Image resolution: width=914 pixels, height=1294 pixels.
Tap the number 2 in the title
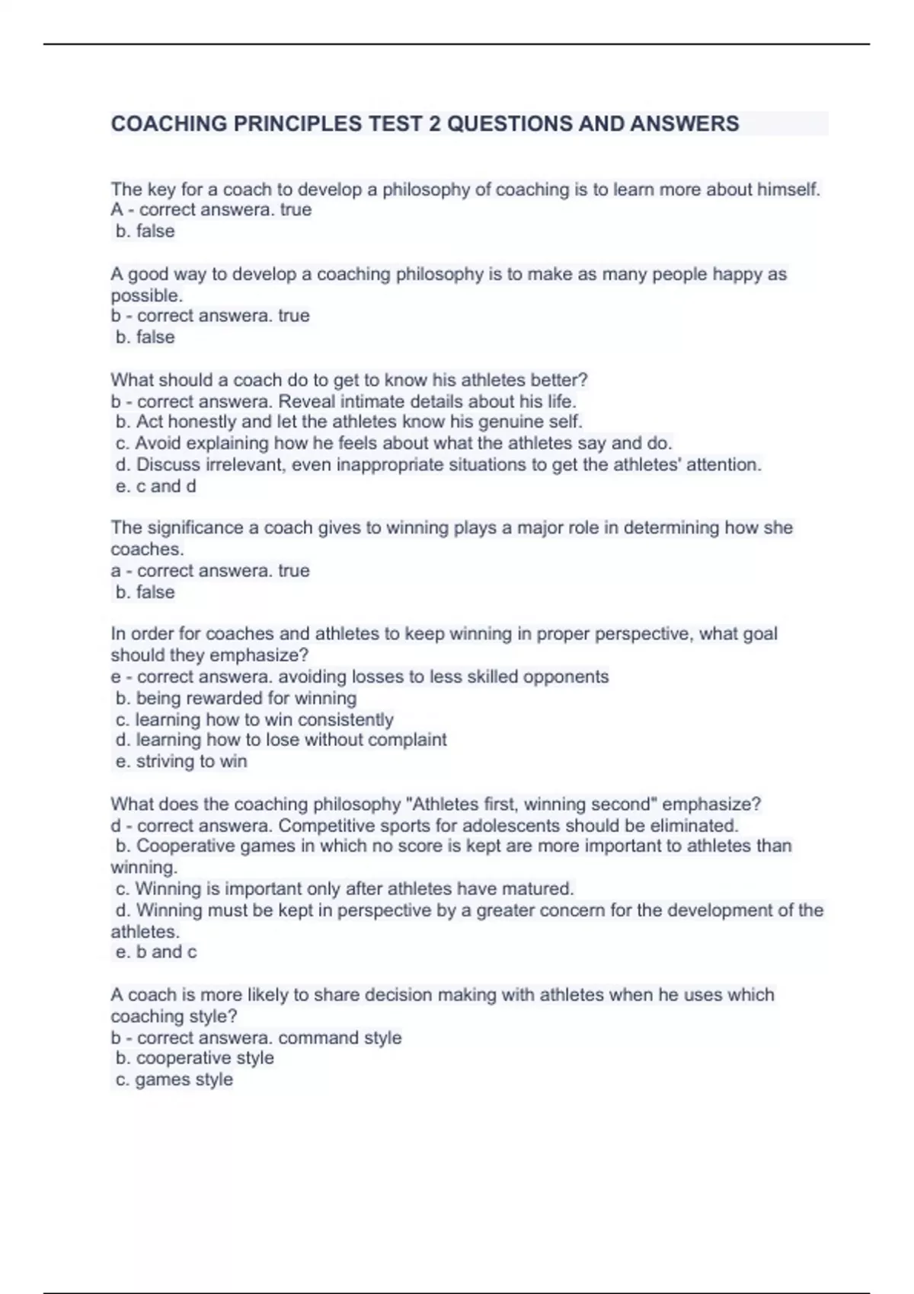434,124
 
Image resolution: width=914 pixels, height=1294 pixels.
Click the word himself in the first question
788,190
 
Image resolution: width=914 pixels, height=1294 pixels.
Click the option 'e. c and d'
155,486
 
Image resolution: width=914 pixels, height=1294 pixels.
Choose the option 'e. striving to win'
181,761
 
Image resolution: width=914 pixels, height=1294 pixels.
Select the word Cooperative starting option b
185,846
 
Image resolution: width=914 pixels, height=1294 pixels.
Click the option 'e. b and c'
156,952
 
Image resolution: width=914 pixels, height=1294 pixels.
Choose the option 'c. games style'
174,1079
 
